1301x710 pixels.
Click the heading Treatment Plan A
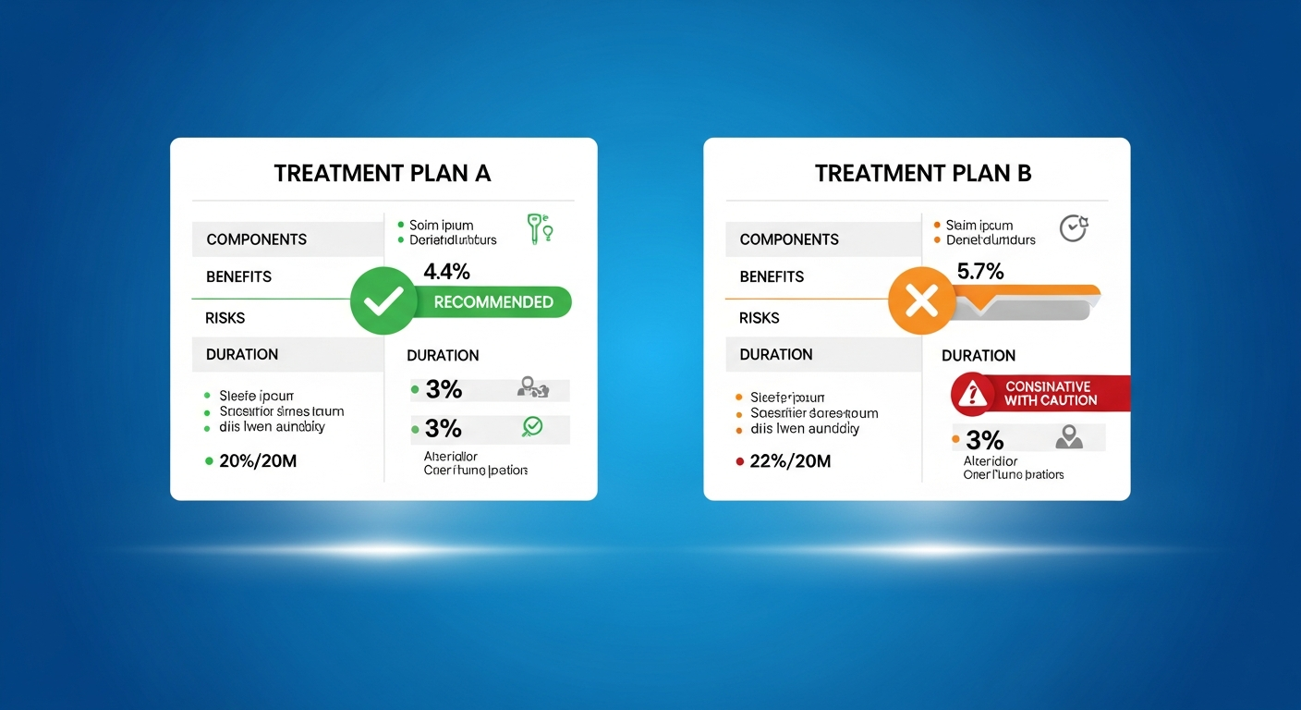pyautogui.click(x=382, y=173)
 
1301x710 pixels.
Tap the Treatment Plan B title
pyautogui.click(x=923, y=173)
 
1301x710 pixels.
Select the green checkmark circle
pyautogui.click(x=383, y=300)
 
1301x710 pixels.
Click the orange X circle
pyautogui.click(x=920, y=300)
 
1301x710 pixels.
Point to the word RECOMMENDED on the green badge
pyautogui.click(x=493, y=302)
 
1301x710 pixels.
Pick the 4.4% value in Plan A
pyautogui.click(x=446, y=272)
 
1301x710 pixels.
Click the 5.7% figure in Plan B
pyautogui.click(x=981, y=272)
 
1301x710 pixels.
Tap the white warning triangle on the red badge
pyautogui.click(x=970, y=395)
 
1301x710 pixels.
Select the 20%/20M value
pyautogui.click(x=258, y=460)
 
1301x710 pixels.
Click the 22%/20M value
pyautogui.click(x=790, y=460)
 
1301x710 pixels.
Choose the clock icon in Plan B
pyautogui.click(x=1073, y=227)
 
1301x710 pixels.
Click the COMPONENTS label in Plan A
pyautogui.click(x=257, y=239)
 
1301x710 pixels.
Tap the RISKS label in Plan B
pyautogui.click(x=760, y=318)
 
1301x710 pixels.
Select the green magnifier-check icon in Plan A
pyautogui.click(x=533, y=426)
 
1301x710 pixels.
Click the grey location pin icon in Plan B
pyautogui.click(x=1069, y=436)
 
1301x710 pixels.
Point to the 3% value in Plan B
pyautogui.click(x=984, y=439)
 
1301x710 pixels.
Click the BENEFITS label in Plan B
pyautogui.click(x=772, y=276)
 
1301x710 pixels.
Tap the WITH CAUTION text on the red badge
pyautogui.click(x=1051, y=400)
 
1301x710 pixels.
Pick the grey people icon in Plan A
pyautogui.click(x=533, y=388)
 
